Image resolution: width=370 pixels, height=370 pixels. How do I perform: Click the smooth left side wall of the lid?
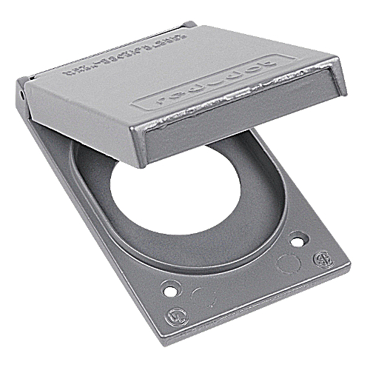click(70, 118)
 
